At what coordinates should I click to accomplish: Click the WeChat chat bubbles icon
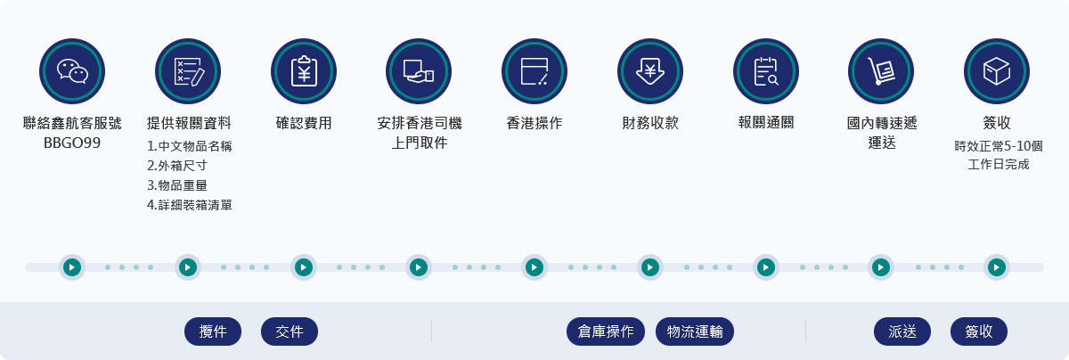(x=72, y=71)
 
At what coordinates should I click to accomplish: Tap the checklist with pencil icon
(x=189, y=71)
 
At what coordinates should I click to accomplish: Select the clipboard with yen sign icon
(x=304, y=71)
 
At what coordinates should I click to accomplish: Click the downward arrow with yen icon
(x=650, y=71)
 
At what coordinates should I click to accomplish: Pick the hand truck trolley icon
(x=881, y=71)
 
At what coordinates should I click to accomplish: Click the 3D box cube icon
(x=997, y=71)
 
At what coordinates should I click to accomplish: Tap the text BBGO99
(x=72, y=143)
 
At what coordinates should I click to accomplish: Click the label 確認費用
(x=304, y=123)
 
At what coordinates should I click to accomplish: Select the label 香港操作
(x=534, y=123)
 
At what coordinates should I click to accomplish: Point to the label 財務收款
(x=650, y=123)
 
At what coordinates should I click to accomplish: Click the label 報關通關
(x=766, y=123)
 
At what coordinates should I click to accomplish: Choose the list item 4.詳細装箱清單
(x=190, y=205)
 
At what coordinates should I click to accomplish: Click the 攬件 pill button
(x=213, y=331)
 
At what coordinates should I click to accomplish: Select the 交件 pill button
(x=290, y=331)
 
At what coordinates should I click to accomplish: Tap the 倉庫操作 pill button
(x=606, y=331)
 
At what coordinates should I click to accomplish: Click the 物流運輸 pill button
(x=695, y=331)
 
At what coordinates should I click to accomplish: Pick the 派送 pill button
(x=902, y=331)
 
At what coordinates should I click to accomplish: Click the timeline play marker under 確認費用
(x=304, y=267)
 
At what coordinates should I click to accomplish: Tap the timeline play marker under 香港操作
(x=534, y=267)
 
